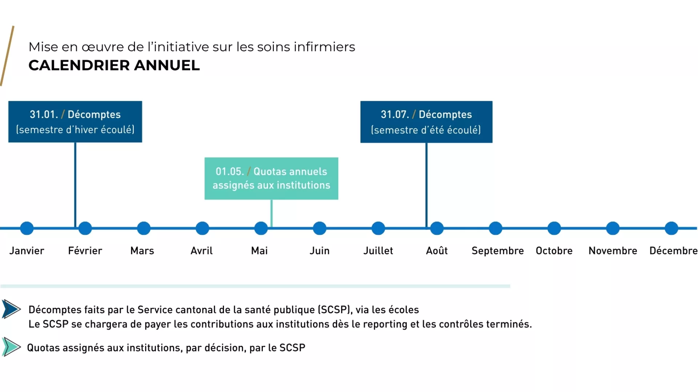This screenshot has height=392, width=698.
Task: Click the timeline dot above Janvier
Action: pos(27,228)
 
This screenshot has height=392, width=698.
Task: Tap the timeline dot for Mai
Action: pos(261,228)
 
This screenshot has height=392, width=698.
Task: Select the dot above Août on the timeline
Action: pos(437,228)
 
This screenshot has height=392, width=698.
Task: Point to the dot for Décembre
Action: pos(671,228)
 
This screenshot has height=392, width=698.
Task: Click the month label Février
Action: pos(85,250)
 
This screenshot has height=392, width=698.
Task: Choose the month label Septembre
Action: pos(497,250)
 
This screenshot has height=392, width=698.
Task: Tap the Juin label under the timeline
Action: pos(320,250)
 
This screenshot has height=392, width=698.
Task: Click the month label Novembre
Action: pos(613,250)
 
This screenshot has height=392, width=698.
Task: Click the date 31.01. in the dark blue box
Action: pos(44,114)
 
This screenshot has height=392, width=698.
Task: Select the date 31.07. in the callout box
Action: pos(394,114)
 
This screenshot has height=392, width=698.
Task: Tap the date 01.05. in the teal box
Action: pos(229,171)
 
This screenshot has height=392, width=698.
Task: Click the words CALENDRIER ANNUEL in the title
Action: pos(114,65)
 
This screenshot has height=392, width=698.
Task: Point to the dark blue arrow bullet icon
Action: pos(11,309)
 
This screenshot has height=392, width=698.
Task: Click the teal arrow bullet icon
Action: pos(11,347)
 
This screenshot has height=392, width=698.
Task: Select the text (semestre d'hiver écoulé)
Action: pos(75,130)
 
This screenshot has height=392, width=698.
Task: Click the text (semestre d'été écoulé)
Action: pos(426,130)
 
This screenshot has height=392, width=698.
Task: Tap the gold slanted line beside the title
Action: pos(7,56)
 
